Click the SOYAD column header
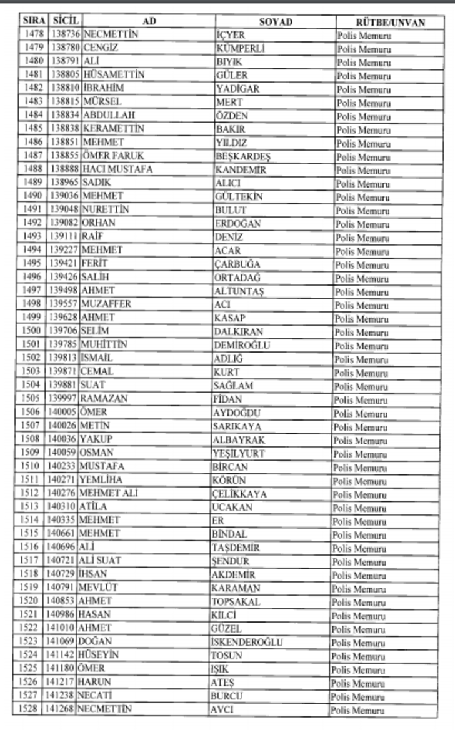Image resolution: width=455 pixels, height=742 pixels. (276, 22)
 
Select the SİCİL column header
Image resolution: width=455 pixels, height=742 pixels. (66, 21)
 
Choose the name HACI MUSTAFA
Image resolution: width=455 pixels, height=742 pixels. (117, 169)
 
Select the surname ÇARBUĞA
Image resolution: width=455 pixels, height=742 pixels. (237, 264)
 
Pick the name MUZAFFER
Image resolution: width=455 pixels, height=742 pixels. (106, 304)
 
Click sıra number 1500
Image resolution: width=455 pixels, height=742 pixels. (31, 331)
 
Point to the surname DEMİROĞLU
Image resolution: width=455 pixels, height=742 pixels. (242, 344)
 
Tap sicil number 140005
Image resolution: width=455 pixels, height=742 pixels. (61, 412)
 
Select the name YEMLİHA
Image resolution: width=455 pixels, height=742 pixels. (101, 479)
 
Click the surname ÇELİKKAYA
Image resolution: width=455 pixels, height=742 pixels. (239, 494)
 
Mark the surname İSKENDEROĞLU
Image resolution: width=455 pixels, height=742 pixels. (247, 642)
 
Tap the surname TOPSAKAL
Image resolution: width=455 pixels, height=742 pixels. (236, 601)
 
